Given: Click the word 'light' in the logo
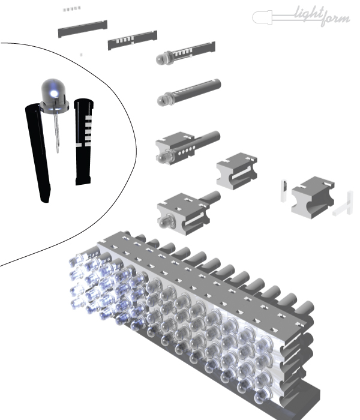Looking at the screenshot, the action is [310, 13].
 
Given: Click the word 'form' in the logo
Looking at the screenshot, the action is [335, 19].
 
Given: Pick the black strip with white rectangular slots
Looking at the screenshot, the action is [83, 142].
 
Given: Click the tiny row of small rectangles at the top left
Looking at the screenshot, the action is [71, 9].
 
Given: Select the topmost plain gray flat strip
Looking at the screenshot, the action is [83, 29].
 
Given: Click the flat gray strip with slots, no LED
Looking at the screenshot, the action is [133, 40].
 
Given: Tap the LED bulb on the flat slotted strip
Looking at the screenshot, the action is [163, 58].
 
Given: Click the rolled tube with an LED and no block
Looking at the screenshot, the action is [189, 92].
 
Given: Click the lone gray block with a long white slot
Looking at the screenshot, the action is [237, 172].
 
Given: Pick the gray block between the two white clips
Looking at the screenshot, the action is [313, 197].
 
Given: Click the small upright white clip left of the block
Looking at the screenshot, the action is [284, 191].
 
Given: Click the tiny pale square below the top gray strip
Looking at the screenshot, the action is [81, 55].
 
